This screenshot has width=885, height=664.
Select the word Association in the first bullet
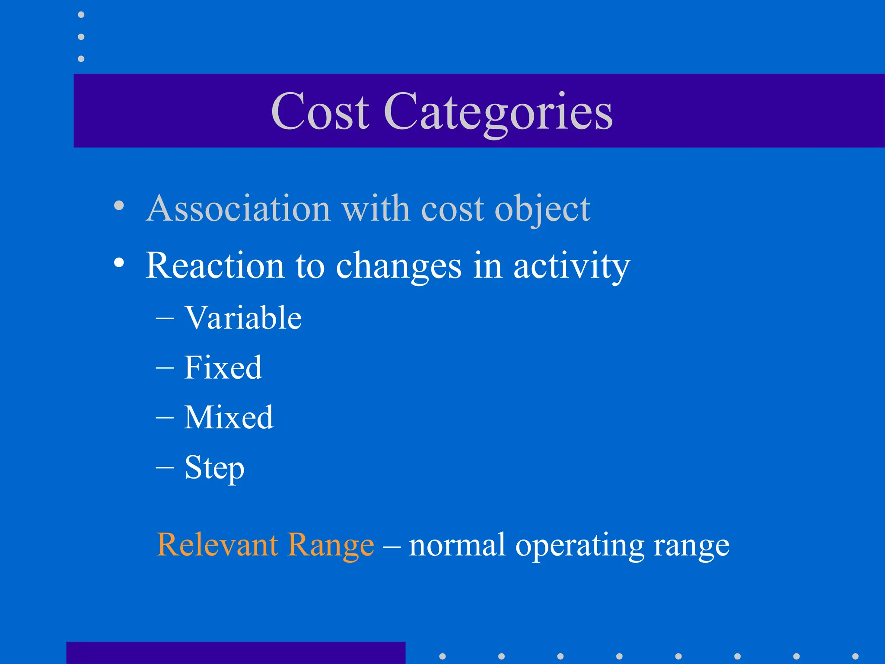coord(239,208)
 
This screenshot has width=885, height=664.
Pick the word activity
coord(571,267)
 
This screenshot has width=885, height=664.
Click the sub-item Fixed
coord(223,367)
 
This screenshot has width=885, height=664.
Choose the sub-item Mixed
coord(229,417)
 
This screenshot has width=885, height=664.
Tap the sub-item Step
coord(214,468)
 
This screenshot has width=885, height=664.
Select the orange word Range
coord(331,545)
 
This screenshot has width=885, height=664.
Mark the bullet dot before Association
coord(119,206)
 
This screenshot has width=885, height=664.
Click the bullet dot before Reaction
coord(119,262)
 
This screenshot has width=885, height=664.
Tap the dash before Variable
coord(165,319)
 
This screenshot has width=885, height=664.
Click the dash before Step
coord(165,468)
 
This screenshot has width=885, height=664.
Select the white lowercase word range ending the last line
coord(691,546)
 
